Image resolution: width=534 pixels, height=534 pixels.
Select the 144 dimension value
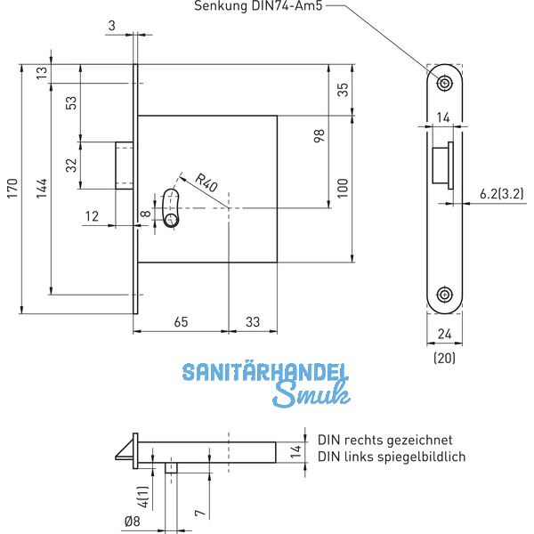click(x=42, y=188)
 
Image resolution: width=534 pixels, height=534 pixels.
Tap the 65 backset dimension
click(x=181, y=320)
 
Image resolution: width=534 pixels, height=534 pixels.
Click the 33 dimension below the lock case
click(x=254, y=320)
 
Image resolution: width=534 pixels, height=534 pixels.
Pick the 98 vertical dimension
click(x=320, y=135)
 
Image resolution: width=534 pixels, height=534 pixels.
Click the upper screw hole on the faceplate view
click(x=442, y=82)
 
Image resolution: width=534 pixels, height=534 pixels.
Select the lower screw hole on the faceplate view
click(x=442, y=295)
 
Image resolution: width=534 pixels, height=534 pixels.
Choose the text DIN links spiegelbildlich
click(x=392, y=457)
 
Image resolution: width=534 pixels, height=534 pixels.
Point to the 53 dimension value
click(x=70, y=103)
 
